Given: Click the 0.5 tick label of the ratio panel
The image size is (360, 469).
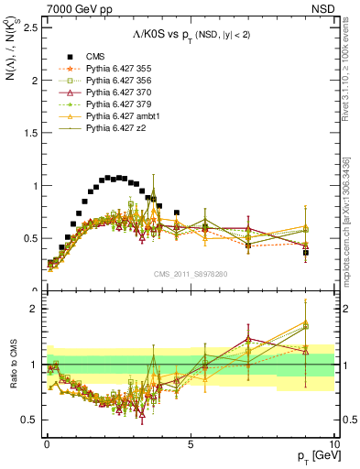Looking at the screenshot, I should coord(29,420).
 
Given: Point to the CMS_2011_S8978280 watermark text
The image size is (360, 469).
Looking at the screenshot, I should coord(190,273).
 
